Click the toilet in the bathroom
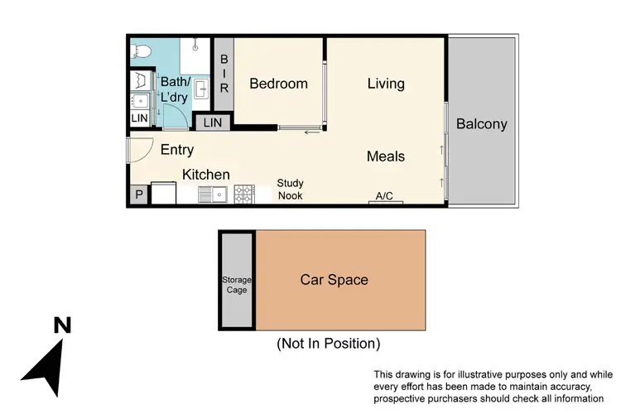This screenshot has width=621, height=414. pos(142,51)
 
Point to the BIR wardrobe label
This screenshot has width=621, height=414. pos(224,75)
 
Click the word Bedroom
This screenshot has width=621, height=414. pos(278,84)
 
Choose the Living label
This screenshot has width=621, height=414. pos(386,84)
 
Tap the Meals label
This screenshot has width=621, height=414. pos(386,156)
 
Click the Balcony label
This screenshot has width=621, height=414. pos(481,124)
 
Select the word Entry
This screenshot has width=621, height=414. pos(177,150)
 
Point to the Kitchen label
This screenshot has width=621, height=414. pos(205,175)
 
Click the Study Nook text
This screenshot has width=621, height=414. pos(290,190)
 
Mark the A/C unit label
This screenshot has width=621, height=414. pos(384,196)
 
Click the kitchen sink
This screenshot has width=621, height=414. pos(214,195)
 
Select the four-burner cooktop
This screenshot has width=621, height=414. pos(244,195)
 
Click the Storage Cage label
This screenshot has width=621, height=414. pos(237,285)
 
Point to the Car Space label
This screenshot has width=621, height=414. pos(334,280)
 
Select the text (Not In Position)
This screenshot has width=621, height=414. pos(328,343)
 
